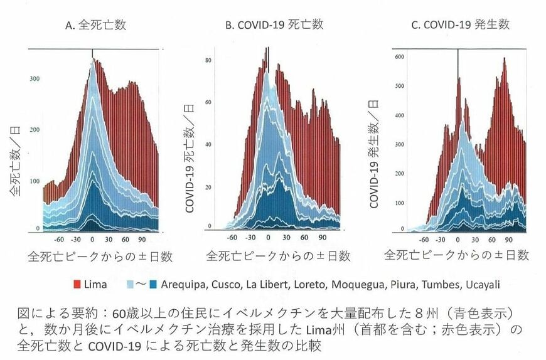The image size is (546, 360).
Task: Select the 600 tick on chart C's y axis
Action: pyautogui.click(x=396, y=56)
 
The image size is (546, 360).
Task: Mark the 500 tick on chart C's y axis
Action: pyautogui.click(x=396, y=86)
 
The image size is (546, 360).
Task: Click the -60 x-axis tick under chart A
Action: pyautogui.click(x=59, y=240)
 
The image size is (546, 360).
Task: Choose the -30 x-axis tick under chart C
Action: pyautogui.click(x=441, y=239)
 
